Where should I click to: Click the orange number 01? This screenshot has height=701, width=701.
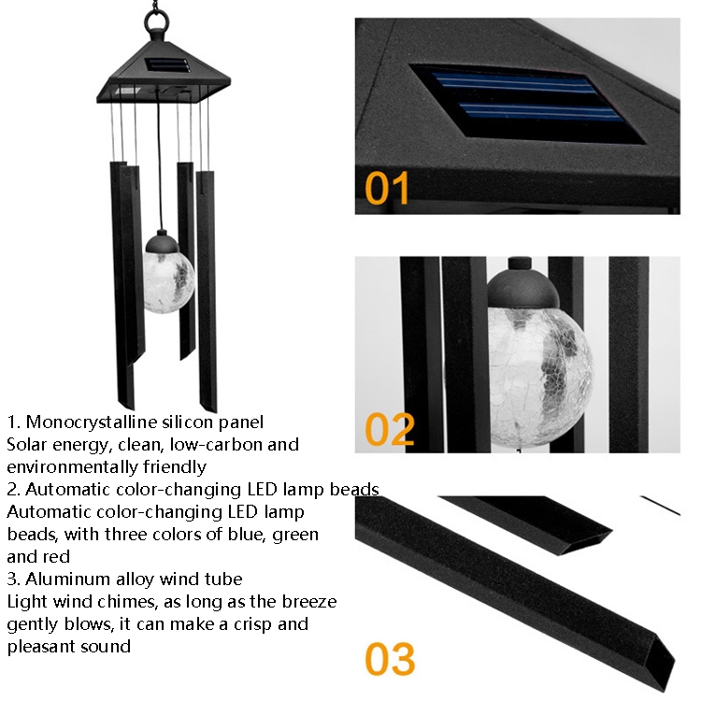click(387, 188)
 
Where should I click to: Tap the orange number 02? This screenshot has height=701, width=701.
click(390, 429)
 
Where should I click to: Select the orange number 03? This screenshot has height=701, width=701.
click(390, 659)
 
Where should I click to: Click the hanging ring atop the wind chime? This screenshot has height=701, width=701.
click(157, 20)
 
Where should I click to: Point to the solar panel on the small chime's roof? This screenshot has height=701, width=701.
click(168, 65)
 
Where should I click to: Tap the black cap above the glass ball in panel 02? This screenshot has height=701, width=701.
click(522, 286)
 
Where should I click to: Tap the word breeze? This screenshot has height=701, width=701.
click(309, 602)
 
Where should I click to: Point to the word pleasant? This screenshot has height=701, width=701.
click(41, 647)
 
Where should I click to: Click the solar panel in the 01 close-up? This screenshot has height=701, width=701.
click(528, 104)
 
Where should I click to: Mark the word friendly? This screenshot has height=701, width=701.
click(175, 466)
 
